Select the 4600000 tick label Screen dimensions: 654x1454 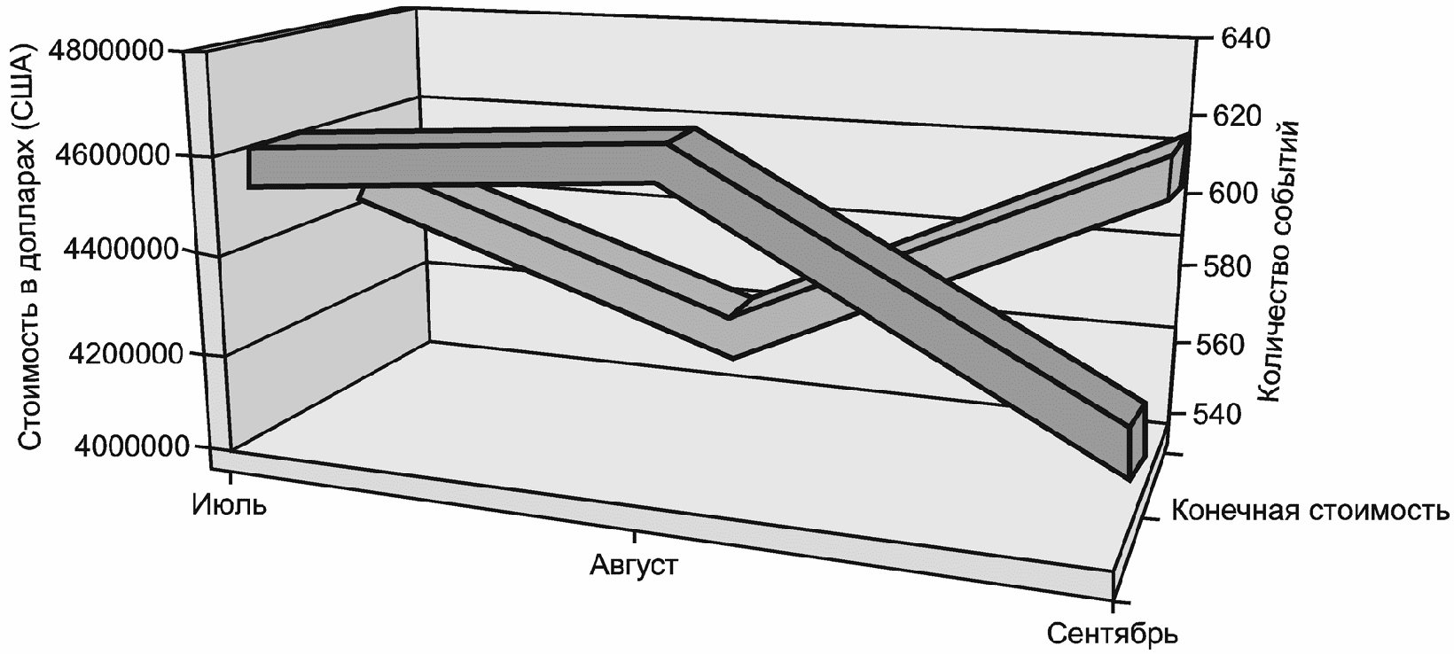click(x=106, y=155)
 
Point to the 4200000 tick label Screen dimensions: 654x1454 click(x=106, y=354)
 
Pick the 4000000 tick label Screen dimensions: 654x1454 click(x=106, y=446)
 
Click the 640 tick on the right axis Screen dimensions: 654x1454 click(x=1245, y=38)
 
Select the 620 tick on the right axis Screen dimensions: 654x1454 click(x=1245, y=116)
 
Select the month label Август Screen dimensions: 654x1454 click(x=633, y=564)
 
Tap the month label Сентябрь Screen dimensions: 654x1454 click(x=1112, y=634)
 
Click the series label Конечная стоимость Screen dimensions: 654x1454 click(x=1309, y=511)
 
